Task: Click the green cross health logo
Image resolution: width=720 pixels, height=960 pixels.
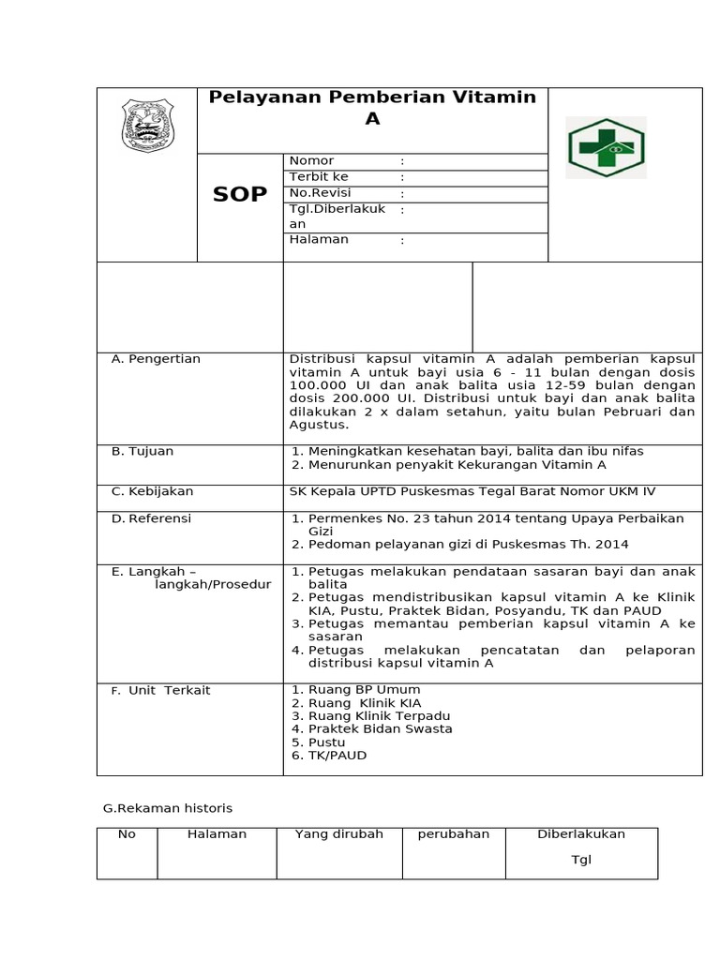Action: pyautogui.click(x=607, y=148)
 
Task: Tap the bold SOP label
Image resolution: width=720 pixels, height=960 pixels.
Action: pyautogui.click(x=240, y=194)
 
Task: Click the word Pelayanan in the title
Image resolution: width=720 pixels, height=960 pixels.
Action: pyautogui.click(x=254, y=97)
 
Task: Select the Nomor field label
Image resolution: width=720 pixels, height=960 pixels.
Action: pyautogui.click(x=311, y=160)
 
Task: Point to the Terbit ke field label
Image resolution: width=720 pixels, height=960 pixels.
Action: pyautogui.click(x=319, y=176)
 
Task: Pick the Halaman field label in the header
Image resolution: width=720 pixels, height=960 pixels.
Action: pyautogui.click(x=319, y=239)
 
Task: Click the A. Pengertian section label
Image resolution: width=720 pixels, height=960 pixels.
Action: pyautogui.click(x=156, y=359)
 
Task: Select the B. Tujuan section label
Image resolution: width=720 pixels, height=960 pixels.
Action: pyautogui.click(x=142, y=451)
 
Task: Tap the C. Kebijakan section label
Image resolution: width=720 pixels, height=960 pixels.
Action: pyautogui.click(x=152, y=490)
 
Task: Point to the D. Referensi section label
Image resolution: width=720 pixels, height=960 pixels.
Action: pyautogui.click(x=151, y=517)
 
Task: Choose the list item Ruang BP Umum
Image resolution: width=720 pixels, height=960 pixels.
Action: pyautogui.click(x=352, y=689)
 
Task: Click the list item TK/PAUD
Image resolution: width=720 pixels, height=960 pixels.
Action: pyautogui.click(x=337, y=755)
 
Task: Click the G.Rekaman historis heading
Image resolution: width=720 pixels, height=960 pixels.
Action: pyautogui.click(x=167, y=807)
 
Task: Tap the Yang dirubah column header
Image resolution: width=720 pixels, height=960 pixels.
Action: pyautogui.click(x=339, y=834)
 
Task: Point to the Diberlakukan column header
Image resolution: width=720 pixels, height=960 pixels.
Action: pyautogui.click(x=581, y=834)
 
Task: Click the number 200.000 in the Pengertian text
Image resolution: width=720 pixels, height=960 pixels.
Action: pyautogui.click(x=352, y=398)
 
